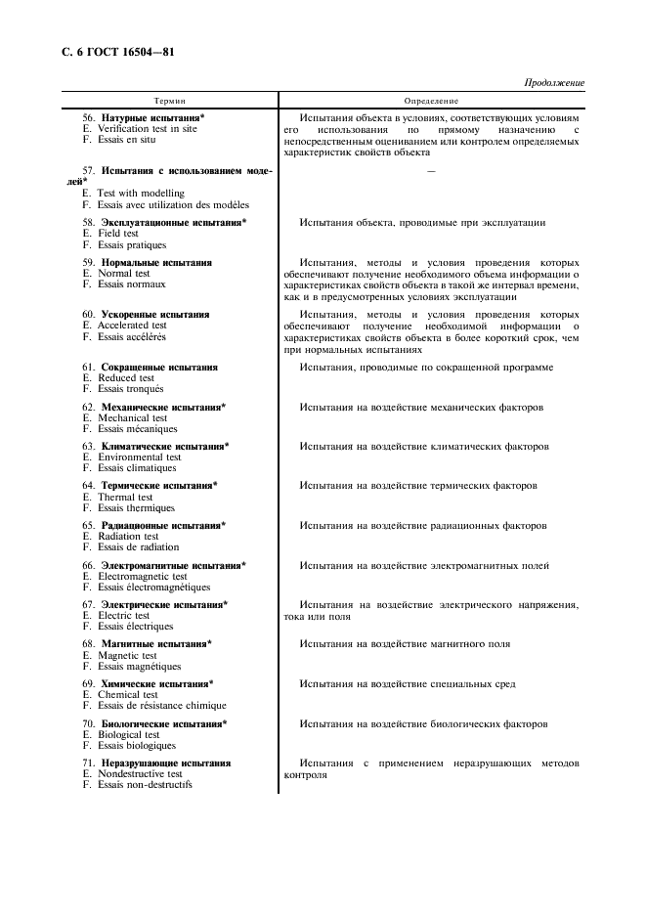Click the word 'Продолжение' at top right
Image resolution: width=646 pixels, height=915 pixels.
coord(554,83)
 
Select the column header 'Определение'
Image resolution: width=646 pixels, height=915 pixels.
coord(431,101)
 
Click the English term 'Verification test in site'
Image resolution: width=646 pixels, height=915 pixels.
coord(147,128)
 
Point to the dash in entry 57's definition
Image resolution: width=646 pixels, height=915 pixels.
coord(431,172)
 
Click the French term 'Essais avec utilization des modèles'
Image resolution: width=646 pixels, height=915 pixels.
coord(166,204)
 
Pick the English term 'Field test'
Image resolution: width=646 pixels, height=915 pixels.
coord(117,234)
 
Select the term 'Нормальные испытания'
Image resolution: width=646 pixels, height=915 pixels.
coord(156,263)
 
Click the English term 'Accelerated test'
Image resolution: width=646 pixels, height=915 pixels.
coord(132,326)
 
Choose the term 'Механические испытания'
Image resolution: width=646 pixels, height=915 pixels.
coord(161,406)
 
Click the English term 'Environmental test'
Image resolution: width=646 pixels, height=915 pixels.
coord(139,457)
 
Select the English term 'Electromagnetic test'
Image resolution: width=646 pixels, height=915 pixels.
coord(142,577)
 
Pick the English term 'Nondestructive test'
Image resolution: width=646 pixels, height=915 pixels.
coord(140,773)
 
